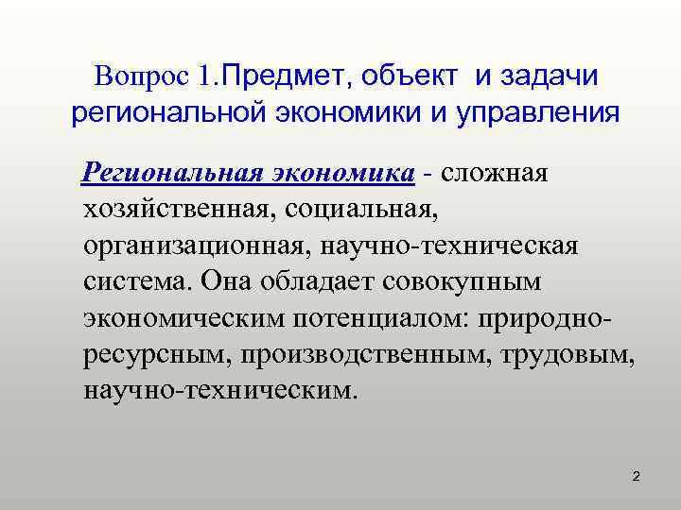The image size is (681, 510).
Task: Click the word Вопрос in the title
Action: (x=144, y=75)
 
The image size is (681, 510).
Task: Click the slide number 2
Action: (x=637, y=477)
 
